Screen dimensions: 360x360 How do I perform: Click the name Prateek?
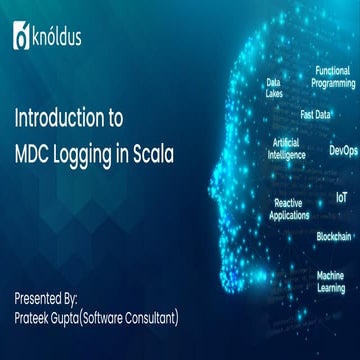tap(37, 290)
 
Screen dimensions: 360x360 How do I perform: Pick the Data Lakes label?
tap(274, 87)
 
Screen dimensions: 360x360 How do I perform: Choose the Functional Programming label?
tap(334, 77)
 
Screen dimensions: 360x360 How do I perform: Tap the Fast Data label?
tap(316, 114)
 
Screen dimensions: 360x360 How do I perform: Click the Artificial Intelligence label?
tap(285, 150)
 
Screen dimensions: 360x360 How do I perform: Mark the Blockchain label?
tap(334, 236)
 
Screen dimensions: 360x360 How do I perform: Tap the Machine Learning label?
tap(331, 280)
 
